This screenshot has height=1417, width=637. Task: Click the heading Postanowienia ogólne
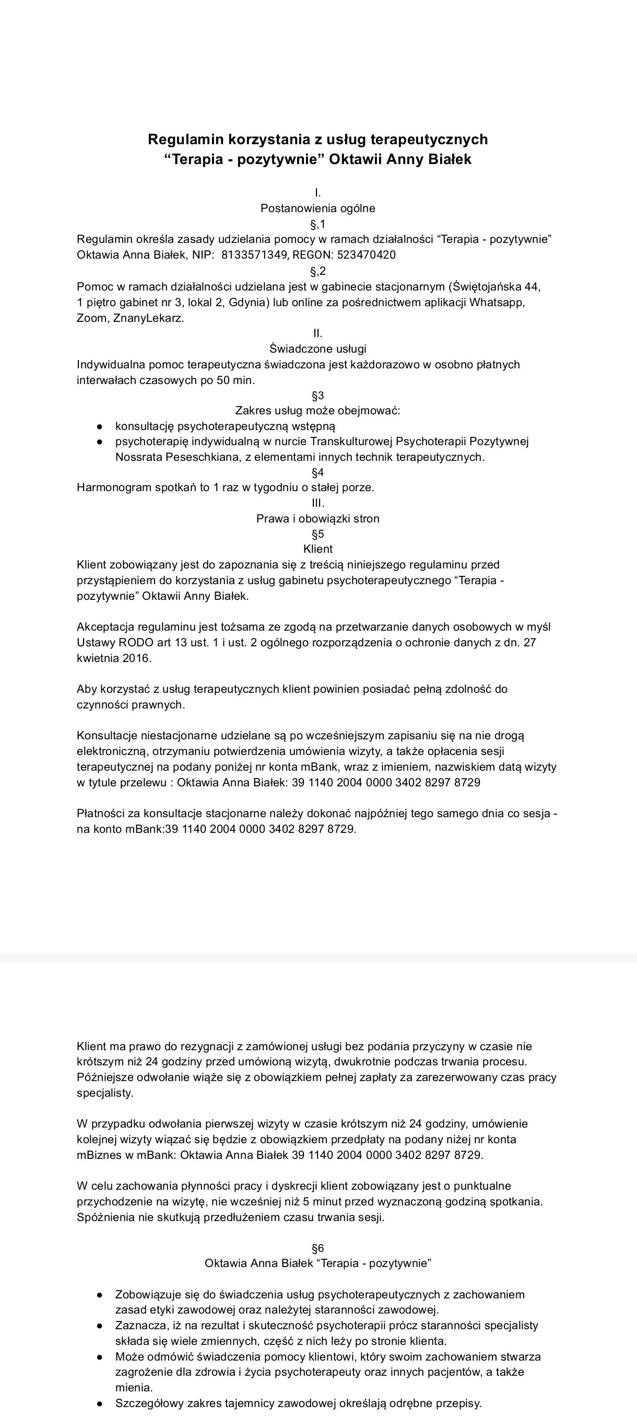tap(317, 208)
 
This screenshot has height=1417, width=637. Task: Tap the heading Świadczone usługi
tap(317, 349)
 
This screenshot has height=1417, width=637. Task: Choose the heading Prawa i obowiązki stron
tap(317, 518)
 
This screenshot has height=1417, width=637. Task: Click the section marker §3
tap(317, 396)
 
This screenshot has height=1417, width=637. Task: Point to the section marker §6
tap(317, 1248)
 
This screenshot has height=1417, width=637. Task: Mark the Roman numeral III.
tap(317, 503)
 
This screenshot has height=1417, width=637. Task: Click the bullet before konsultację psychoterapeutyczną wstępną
tap(100, 426)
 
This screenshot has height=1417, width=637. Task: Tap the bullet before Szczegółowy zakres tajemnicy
tap(100, 1403)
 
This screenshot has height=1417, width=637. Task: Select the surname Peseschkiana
tap(192, 457)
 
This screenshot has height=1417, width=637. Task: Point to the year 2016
tap(136, 658)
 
